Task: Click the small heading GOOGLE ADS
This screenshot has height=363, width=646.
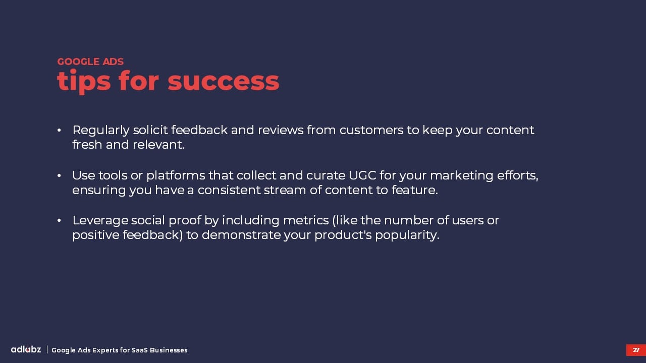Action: tap(90, 62)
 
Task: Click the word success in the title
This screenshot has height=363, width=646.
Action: tap(223, 81)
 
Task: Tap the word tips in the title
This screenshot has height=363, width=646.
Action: tap(84, 82)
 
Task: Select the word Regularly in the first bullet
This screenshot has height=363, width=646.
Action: tap(101, 131)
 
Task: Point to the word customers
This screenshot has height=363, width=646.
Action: tap(371, 130)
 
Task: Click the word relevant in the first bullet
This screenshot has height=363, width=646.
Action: tap(158, 145)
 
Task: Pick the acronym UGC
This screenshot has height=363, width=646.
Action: tap(362, 175)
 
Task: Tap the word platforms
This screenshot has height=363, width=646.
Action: tap(176, 176)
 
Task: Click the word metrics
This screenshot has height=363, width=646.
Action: tap(306, 221)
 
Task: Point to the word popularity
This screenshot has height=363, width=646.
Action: tap(407, 235)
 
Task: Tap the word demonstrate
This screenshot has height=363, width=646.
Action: tap(241, 235)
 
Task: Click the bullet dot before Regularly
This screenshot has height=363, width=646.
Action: tap(59, 131)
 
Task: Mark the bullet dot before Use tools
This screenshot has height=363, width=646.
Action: tap(59, 175)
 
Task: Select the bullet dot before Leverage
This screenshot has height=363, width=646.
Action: tap(59, 221)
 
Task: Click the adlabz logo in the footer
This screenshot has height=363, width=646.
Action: tap(26, 349)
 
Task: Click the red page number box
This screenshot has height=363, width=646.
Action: tap(636, 350)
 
